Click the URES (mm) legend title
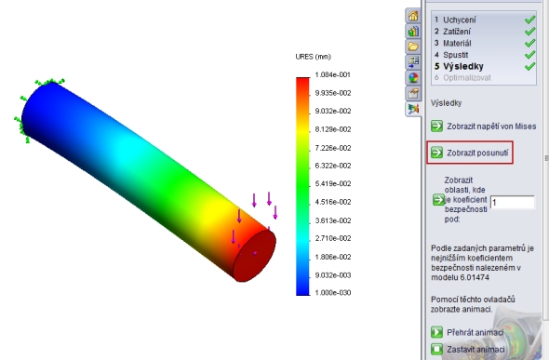click(313, 57)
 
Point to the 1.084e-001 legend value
click(332, 74)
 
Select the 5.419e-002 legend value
click(332, 183)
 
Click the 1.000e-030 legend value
click(332, 292)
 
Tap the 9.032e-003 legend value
click(332, 275)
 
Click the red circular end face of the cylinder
click(255, 256)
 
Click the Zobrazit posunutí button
click(470, 153)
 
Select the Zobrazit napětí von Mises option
click(484, 127)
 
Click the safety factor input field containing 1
click(512, 203)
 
